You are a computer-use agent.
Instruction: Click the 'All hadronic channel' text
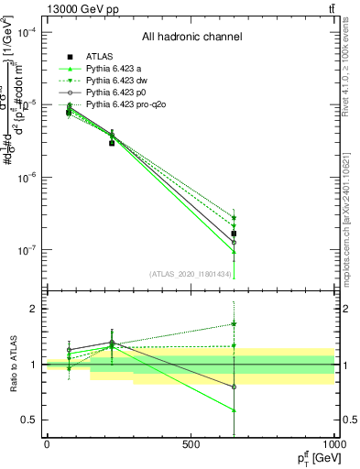[x=191, y=38]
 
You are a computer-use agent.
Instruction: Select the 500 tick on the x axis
[x=191, y=445]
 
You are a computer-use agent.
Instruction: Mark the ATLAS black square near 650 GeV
[x=235, y=234]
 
